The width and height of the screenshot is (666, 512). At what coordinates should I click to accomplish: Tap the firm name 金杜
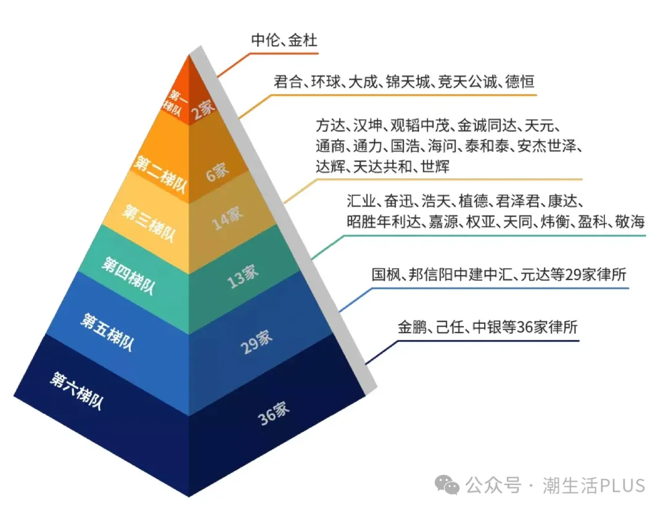[304, 41]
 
